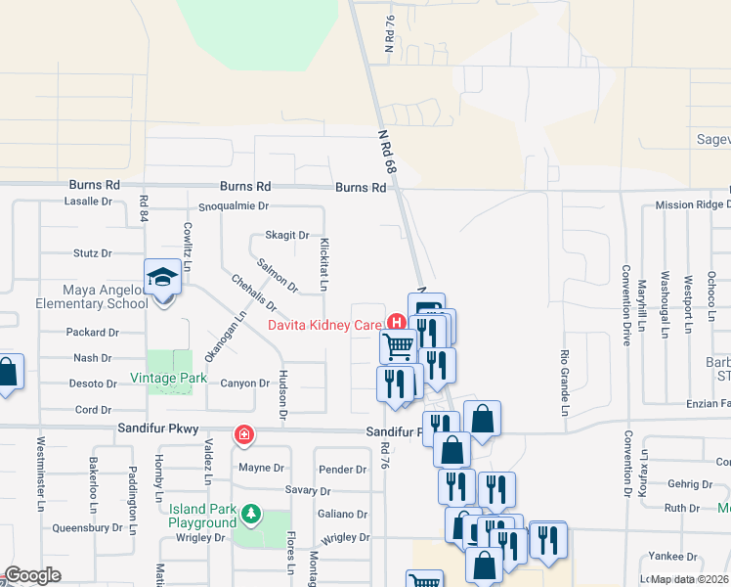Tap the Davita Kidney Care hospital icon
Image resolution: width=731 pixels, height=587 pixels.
click(x=397, y=322)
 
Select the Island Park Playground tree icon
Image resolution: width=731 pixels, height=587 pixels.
click(x=251, y=512)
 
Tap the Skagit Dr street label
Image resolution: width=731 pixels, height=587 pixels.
click(x=287, y=236)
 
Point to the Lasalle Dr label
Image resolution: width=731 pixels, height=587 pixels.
click(x=88, y=201)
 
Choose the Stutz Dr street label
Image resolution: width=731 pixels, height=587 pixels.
click(x=93, y=253)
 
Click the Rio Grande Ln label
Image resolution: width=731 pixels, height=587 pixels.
click(x=565, y=382)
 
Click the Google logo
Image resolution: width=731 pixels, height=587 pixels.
click(x=32, y=575)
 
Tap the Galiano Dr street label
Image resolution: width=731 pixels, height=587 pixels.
click(x=342, y=514)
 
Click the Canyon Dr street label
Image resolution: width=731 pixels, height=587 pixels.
click(x=244, y=384)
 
